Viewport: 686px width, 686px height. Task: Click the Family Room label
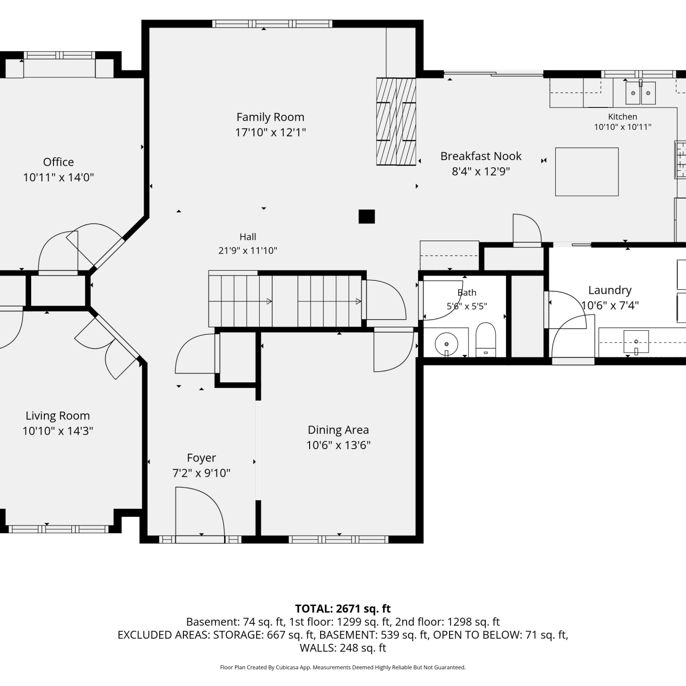(x=270, y=118)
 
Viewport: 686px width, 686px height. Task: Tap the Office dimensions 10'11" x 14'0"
(x=59, y=177)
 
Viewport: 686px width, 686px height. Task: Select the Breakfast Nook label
(x=481, y=156)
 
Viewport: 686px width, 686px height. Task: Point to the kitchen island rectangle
(x=587, y=171)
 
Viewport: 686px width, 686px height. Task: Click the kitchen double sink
(x=640, y=93)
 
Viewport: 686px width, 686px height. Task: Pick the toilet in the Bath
(x=486, y=339)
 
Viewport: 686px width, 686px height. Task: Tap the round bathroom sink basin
(x=446, y=344)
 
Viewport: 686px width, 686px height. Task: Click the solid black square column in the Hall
(x=367, y=216)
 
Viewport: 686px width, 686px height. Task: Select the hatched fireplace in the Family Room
(x=396, y=122)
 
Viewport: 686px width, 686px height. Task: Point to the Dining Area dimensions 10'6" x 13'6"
(x=338, y=445)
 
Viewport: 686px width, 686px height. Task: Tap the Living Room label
(x=58, y=416)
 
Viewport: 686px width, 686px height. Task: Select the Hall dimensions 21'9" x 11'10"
(x=248, y=251)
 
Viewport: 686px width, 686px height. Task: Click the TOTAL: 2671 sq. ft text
(x=343, y=609)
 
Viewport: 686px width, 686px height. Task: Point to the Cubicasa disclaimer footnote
(x=343, y=667)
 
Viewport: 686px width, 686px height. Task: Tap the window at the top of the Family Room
(x=272, y=24)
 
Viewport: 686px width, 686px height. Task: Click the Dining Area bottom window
(x=338, y=540)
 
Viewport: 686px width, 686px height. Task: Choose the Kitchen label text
(x=622, y=117)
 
